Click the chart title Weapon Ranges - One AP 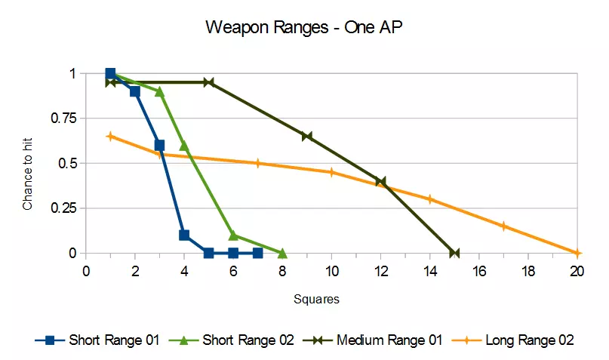tap(303, 28)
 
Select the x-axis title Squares tap(317, 299)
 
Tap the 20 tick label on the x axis tap(577, 272)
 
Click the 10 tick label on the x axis tap(331, 272)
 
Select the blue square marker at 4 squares tap(184, 235)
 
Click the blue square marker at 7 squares tap(257, 253)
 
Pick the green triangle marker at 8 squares tap(282, 253)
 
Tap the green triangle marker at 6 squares tap(233, 235)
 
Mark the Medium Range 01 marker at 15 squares tap(454, 253)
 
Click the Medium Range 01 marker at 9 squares tap(307, 137)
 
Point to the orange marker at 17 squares tap(503, 226)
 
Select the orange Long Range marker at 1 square tap(110, 137)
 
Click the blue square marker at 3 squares tap(159, 145)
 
